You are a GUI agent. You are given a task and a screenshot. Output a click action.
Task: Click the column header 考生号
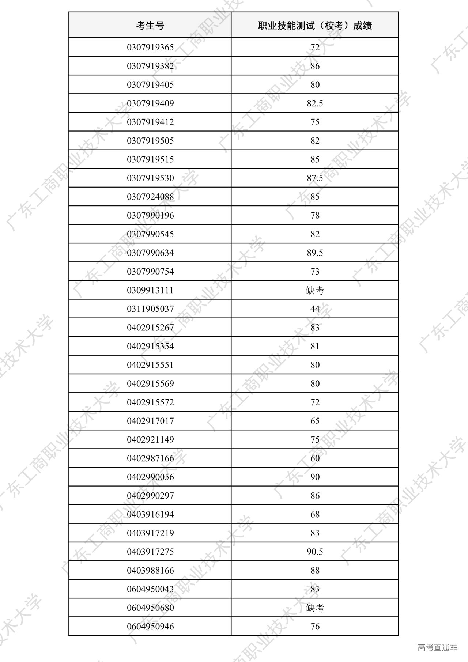coord(150,26)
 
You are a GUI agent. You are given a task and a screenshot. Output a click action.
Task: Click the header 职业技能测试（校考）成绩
coord(315,26)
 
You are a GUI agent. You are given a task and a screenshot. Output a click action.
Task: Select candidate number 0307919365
coord(150,48)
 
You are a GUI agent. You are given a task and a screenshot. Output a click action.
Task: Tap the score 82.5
coord(315,103)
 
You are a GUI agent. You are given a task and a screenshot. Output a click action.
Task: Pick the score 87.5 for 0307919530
coord(315,178)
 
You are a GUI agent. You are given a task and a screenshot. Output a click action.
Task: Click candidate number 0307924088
coord(150,197)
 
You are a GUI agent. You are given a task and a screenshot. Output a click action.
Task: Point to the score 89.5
coord(315,253)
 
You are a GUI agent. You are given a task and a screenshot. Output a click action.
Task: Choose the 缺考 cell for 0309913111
coord(315,291)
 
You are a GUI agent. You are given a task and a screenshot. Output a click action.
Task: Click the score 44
coord(315,309)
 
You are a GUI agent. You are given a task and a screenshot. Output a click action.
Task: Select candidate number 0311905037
coord(150,309)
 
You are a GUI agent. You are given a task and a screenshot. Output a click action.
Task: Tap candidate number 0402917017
coord(150,421)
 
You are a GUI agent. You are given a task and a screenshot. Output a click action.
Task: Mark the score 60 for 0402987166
coord(315,458)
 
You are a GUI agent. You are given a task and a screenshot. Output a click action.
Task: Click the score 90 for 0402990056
coord(315,477)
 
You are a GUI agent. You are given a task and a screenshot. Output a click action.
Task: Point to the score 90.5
coord(315,552)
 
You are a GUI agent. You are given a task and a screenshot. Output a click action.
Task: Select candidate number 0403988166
coord(150,570)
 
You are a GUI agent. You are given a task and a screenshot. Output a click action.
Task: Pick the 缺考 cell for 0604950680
coord(315,608)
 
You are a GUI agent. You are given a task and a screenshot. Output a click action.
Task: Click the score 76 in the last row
coord(315,627)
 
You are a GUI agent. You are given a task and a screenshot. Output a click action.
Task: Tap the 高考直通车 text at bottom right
coord(437,648)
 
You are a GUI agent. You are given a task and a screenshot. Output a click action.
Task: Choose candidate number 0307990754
coord(150,272)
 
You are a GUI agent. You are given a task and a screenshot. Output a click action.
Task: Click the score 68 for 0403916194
coord(315,514)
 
